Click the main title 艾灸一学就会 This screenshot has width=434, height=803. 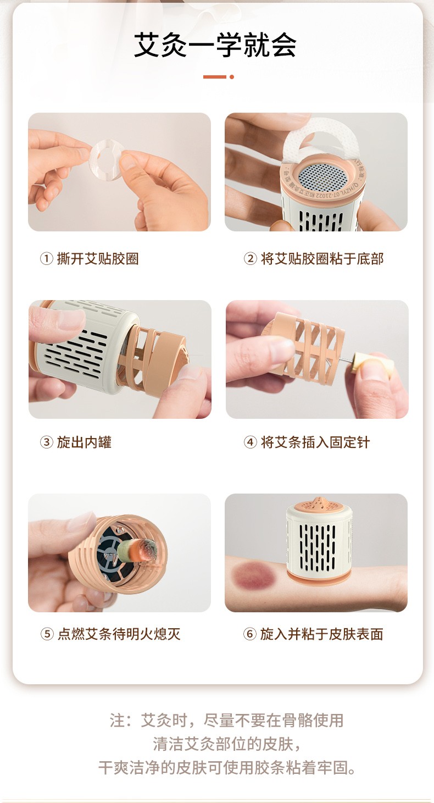(x=215, y=45)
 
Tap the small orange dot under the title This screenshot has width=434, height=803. (x=232, y=77)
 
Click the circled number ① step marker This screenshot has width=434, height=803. (x=46, y=258)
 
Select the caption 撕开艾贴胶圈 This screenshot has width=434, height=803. (x=97, y=258)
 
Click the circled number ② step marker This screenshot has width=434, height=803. (x=250, y=258)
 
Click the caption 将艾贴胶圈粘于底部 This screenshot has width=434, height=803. (x=322, y=258)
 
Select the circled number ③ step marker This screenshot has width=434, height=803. (x=46, y=442)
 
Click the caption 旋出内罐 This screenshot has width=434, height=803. (x=84, y=442)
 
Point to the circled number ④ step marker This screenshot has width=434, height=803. (x=250, y=442)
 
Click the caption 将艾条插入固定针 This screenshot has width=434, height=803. (x=315, y=442)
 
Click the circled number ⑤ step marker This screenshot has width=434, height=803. (x=47, y=634)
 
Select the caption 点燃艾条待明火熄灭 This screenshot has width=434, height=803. (x=119, y=634)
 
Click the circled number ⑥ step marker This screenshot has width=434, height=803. (x=250, y=634)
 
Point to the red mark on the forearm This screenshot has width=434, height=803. (x=255, y=577)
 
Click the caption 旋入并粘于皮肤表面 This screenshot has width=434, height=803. (x=322, y=634)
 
